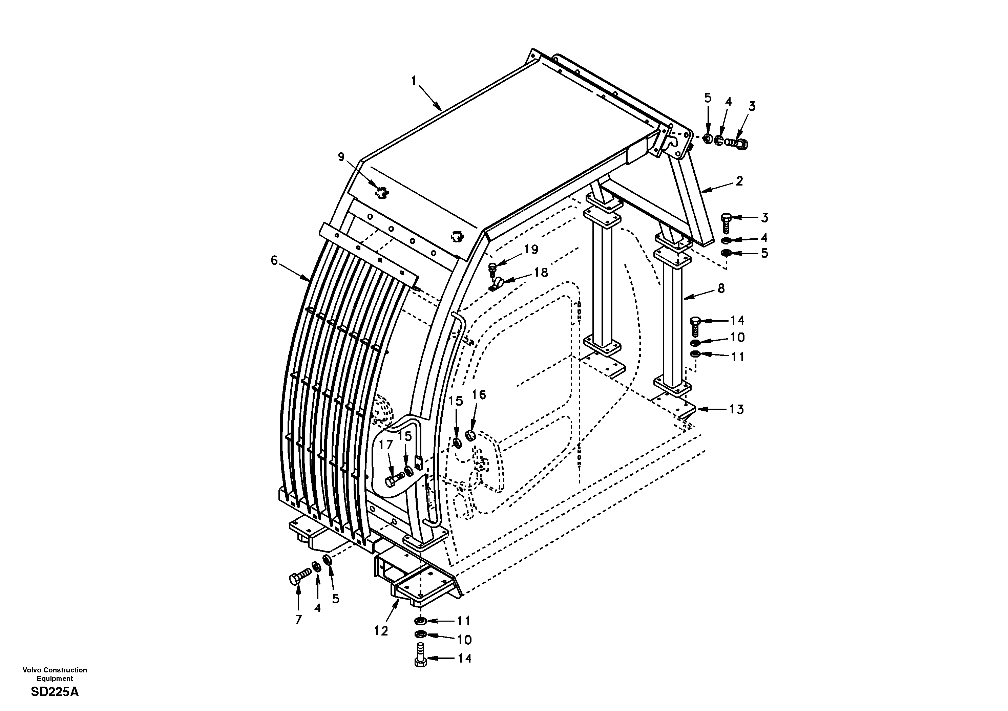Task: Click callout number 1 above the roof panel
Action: coord(413,81)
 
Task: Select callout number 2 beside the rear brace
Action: coord(739,181)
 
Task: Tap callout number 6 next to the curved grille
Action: coord(274,261)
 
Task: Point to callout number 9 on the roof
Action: coord(341,157)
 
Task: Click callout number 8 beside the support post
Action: coord(721,288)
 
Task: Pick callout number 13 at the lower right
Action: coord(736,409)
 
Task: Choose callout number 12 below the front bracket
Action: coord(381,631)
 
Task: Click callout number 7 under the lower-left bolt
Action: coord(298,619)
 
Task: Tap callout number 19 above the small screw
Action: coord(531,249)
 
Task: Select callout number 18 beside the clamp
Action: coord(541,273)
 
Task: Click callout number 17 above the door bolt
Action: coord(385,445)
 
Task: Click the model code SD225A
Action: coord(55,692)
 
